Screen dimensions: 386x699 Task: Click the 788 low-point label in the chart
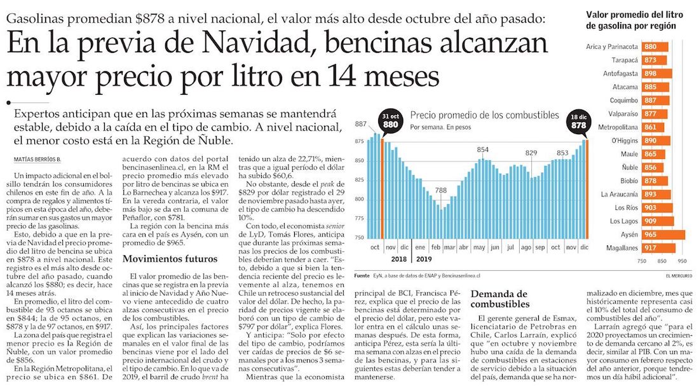[x=440, y=190]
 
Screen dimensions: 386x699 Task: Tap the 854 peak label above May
[x=482, y=149]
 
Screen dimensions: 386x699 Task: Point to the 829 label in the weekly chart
[x=531, y=153]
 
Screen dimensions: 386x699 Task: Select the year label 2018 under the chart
[x=398, y=259]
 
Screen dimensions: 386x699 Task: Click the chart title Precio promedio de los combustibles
[x=484, y=116]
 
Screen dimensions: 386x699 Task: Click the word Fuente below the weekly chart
[x=362, y=275]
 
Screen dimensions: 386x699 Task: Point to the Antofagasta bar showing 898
[x=655, y=74]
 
